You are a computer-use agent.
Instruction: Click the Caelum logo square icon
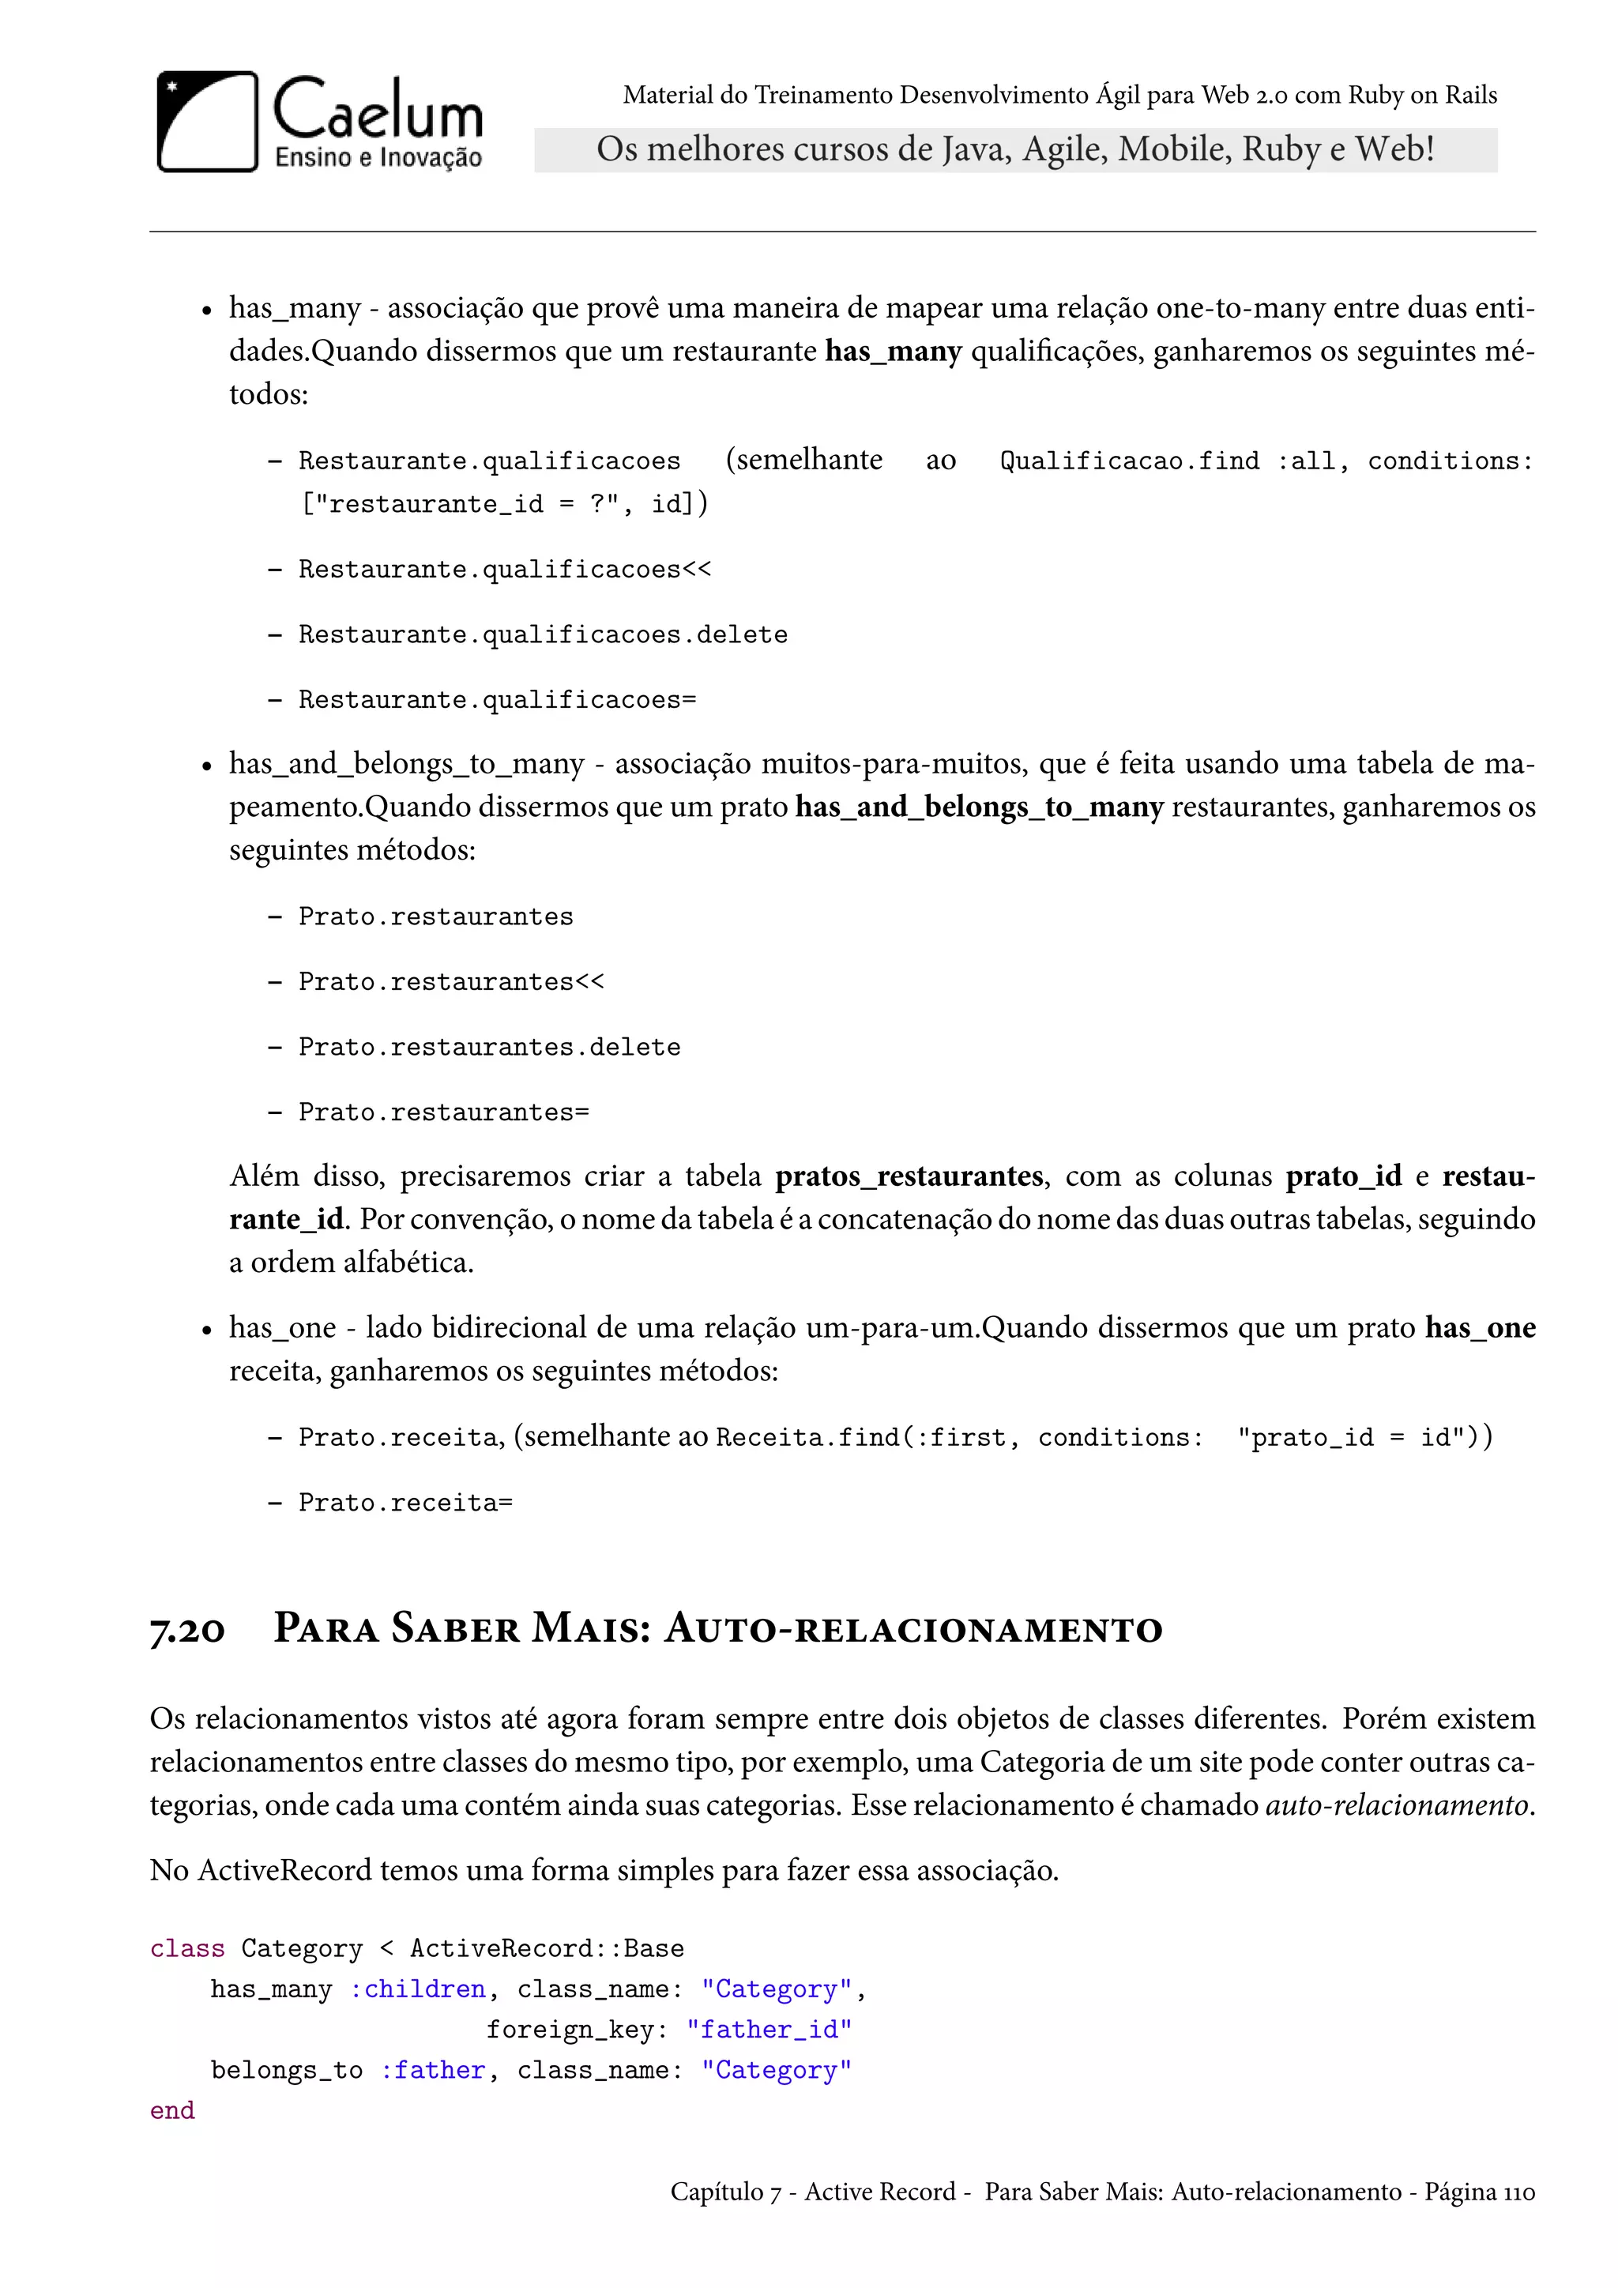(x=207, y=122)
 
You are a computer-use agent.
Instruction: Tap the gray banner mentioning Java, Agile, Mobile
(x=1014, y=149)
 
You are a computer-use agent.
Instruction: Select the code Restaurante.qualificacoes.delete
(x=543, y=634)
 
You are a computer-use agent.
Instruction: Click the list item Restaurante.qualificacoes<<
(x=504, y=569)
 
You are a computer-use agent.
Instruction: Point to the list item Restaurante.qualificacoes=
(x=497, y=699)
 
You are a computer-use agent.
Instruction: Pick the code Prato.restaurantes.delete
(x=489, y=1048)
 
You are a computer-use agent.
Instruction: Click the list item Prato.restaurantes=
(x=443, y=1112)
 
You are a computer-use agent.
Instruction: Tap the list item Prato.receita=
(x=405, y=1502)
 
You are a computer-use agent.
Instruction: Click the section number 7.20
(x=187, y=1631)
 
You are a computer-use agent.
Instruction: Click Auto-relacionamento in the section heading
(x=912, y=1628)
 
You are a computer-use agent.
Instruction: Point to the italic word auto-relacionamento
(x=1397, y=1804)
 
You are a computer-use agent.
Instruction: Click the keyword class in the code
(x=187, y=1948)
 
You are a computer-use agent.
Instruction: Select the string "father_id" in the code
(x=769, y=2030)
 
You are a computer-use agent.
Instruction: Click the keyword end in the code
(x=172, y=2110)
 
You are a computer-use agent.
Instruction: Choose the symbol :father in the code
(x=432, y=2070)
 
